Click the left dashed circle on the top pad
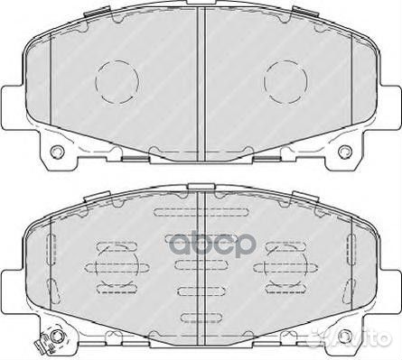coord(114,80)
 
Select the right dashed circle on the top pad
coord(286,80)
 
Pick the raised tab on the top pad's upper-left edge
coord(90,13)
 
